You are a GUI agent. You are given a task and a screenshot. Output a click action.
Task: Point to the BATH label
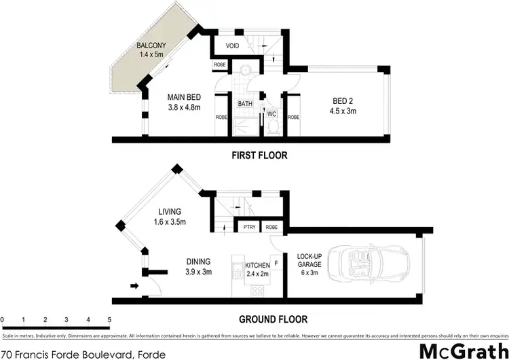point(245,104)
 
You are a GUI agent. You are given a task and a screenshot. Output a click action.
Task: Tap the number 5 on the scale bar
point(109,319)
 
